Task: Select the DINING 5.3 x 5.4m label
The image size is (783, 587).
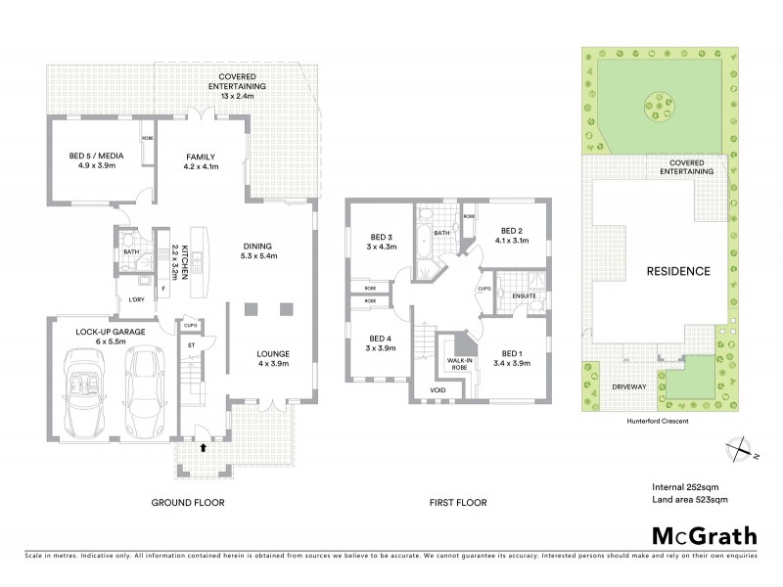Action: coord(258,250)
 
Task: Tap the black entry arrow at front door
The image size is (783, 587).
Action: coord(204,447)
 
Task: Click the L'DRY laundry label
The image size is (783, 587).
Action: coord(137,300)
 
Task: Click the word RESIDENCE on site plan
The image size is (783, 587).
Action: coord(676,270)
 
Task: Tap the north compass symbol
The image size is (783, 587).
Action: coord(736,448)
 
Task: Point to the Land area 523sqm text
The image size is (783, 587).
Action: coord(690,500)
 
